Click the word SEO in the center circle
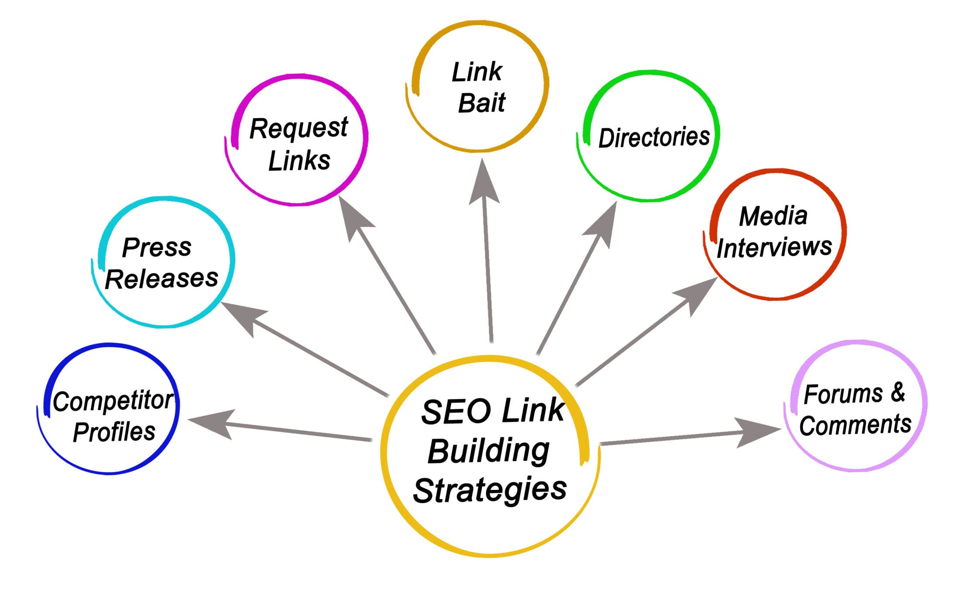(x=456, y=412)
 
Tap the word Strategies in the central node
(x=490, y=491)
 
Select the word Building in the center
(x=488, y=451)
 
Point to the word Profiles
(x=114, y=432)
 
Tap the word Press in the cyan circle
(x=157, y=247)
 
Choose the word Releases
(x=161, y=279)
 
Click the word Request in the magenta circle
(x=299, y=129)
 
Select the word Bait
(x=481, y=103)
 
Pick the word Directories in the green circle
(x=654, y=137)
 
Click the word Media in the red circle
(x=773, y=216)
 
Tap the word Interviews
(x=774, y=247)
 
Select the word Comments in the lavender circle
(x=855, y=425)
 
